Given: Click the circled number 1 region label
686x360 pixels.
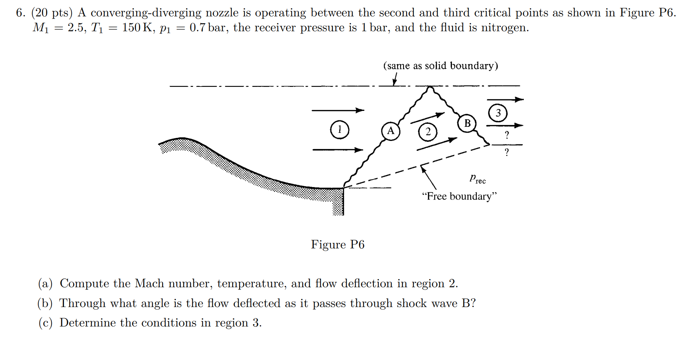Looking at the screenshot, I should (x=340, y=130).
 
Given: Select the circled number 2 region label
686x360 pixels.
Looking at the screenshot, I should (x=428, y=132).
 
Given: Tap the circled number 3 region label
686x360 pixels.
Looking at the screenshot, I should (x=498, y=113).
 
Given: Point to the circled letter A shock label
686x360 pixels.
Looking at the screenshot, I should (x=391, y=131).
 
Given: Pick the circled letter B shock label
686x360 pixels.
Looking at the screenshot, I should (x=467, y=123).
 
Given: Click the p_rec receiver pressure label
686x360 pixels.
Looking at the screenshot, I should (x=477, y=179).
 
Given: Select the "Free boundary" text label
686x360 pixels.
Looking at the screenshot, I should (x=459, y=196).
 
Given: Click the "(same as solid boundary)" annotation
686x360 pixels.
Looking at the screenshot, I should (x=440, y=66).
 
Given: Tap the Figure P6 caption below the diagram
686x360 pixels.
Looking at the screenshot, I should (x=338, y=245).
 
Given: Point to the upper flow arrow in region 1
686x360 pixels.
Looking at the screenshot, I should (x=338, y=110).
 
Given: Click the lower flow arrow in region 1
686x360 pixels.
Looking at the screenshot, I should (x=338, y=150).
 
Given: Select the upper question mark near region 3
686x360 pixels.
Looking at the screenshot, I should (x=507, y=135).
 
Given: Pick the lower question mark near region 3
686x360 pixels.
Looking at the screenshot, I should (x=507, y=152).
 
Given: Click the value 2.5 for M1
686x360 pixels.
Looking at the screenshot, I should (x=75, y=28).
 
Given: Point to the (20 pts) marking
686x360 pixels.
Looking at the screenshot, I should (x=52, y=13).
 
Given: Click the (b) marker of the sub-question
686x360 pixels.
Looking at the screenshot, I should (x=45, y=304).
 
